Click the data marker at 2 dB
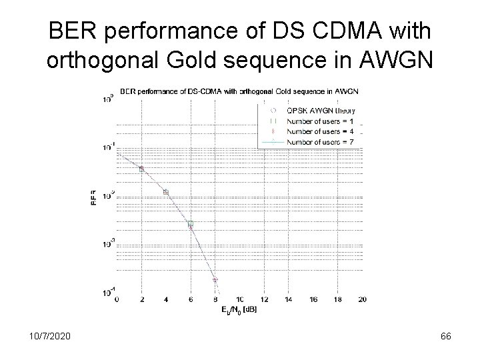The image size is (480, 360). coord(141,169)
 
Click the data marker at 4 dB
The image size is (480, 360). coord(166,192)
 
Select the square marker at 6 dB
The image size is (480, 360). coord(190,224)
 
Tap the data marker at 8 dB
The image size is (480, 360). coord(215,280)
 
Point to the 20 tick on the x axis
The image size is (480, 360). coord(362,300)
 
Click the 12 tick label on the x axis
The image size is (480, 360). coord(264,300)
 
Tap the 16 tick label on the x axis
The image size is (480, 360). coord(313,300)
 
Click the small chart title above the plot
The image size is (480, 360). coord(239,91)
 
